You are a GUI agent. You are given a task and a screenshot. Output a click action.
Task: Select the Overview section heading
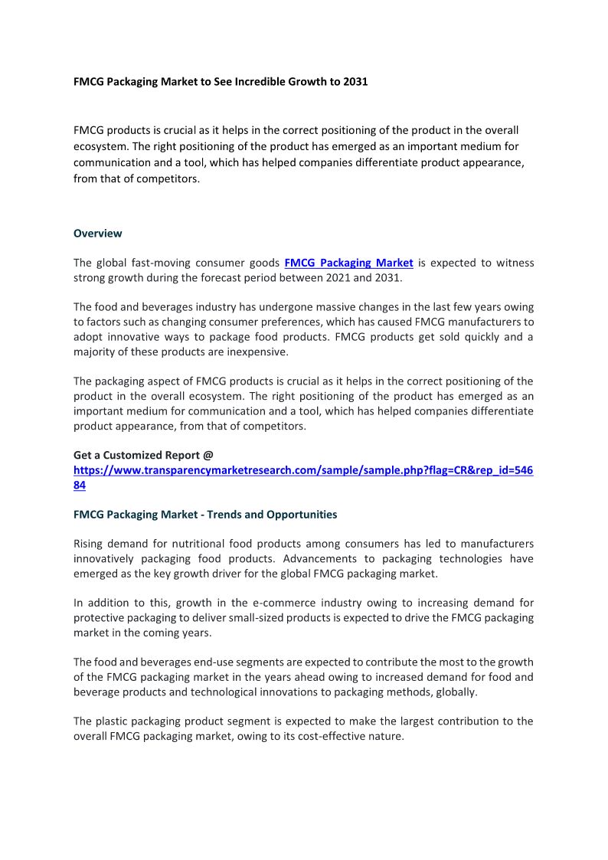click(97, 233)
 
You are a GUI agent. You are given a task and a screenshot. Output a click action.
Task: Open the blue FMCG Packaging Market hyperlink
click(348, 263)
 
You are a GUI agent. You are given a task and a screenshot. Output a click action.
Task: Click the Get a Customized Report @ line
click(143, 455)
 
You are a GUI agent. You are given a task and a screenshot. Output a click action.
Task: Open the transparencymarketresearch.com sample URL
click(303, 470)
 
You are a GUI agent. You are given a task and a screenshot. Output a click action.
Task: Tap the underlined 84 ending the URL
click(80, 485)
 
